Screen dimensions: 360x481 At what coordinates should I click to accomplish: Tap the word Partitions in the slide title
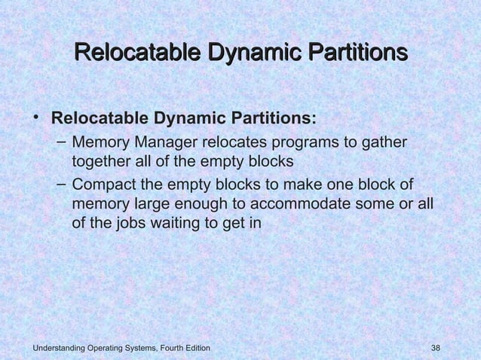pos(349,53)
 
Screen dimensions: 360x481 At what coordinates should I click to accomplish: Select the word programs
pos(302,143)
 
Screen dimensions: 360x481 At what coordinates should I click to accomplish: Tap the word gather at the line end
pos(382,143)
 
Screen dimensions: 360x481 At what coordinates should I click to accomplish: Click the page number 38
pos(435,347)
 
